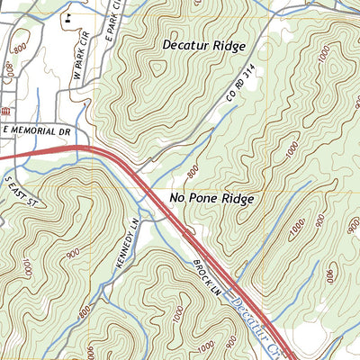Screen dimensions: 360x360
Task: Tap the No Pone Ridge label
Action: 212,198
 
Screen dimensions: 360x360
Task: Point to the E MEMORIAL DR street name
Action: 35,130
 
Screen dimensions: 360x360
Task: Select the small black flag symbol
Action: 68,17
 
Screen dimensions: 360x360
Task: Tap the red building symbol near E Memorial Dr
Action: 5,110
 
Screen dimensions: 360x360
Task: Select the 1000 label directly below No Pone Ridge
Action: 296,231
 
